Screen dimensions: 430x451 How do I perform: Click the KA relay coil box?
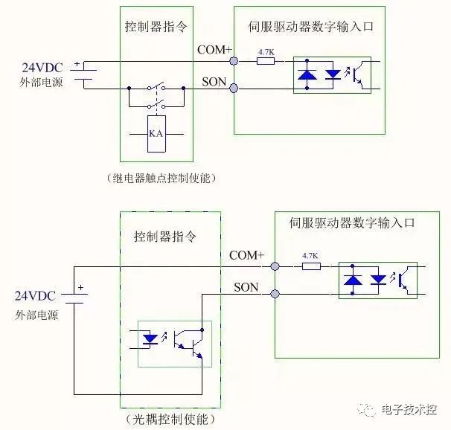[156, 134]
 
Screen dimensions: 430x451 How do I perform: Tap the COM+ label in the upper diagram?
[215, 50]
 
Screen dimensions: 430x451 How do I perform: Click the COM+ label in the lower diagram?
[247, 255]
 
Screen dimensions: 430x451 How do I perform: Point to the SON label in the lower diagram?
[247, 286]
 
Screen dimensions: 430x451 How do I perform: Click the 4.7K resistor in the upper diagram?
[265, 61]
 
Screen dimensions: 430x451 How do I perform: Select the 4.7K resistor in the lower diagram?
[310, 265]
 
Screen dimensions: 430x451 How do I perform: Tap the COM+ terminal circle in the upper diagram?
[234, 61]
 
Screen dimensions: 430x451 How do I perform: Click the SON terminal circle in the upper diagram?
[234, 89]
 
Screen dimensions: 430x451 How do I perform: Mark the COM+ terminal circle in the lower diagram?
[275, 266]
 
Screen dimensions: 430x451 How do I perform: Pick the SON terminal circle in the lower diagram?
[275, 294]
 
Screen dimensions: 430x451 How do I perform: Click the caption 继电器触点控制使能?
[156, 179]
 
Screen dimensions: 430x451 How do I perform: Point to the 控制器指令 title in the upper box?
[156, 25]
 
